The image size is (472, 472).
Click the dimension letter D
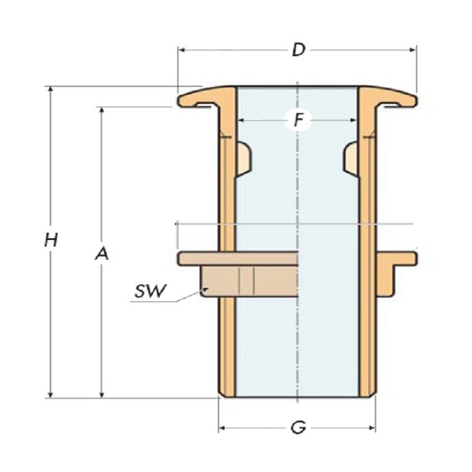pos(297,50)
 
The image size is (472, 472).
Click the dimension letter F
pos(297,121)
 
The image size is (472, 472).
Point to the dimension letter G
pos(297,427)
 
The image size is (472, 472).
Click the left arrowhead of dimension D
pos(181,49)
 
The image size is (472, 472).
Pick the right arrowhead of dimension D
pos(413,49)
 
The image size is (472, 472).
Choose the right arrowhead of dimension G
pos(372,427)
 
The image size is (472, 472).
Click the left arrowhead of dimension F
pos(241,121)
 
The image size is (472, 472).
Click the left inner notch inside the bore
pos(244,156)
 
